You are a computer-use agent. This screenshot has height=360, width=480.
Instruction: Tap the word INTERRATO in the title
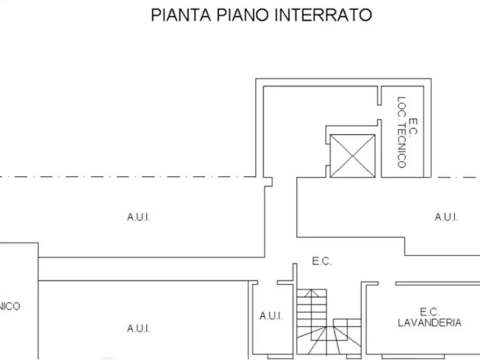[x=323, y=15]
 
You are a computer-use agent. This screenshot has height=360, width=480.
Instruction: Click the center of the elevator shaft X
[x=352, y=156]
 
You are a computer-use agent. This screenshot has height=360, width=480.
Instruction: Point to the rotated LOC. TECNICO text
[x=402, y=132]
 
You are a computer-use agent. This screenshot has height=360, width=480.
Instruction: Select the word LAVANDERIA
[x=429, y=322]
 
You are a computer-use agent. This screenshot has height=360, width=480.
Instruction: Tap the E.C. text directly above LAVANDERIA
[x=430, y=312]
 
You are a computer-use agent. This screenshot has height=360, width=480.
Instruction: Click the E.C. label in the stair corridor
[x=322, y=262]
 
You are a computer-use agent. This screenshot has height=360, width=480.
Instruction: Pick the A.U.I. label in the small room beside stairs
[x=271, y=316]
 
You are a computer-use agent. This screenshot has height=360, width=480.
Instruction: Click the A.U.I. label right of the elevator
[x=446, y=217]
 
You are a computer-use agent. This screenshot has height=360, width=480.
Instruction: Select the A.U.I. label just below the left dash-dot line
[x=139, y=217]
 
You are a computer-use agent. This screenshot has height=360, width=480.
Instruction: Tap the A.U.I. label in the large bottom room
[x=139, y=328]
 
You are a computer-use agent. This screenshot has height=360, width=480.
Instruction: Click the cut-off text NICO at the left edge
[x=10, y=306]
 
